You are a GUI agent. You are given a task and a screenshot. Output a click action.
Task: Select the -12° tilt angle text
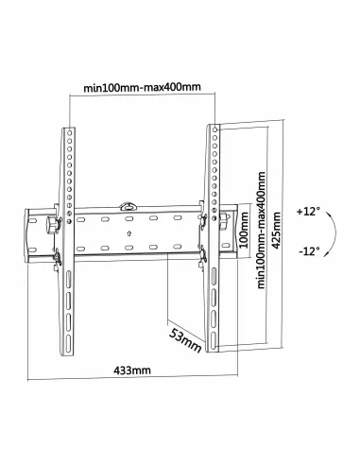click(x=308, y=252)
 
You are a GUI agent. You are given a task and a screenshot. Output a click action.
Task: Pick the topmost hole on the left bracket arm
click(x=68, y=134)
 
